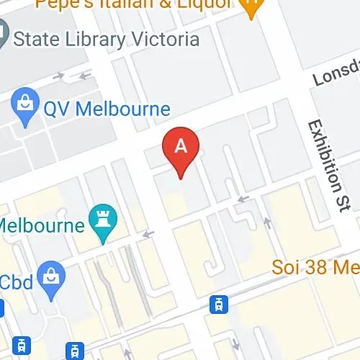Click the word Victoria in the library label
point(165,38)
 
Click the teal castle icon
point(102,220)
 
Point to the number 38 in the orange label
point(320,268)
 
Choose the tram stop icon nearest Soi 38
point(216,304)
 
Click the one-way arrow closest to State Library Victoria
point(85,74)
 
